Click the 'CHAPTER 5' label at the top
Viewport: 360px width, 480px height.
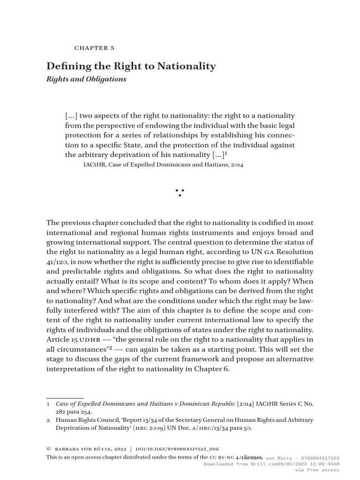(x=94, y=48)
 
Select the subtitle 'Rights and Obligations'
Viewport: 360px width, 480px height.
(x=86, y=79)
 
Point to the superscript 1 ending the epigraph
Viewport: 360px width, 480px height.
(x=226, y=153)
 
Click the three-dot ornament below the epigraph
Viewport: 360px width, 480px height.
(x=180, y=192)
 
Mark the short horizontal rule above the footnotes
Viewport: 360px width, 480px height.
(x=65, y=398)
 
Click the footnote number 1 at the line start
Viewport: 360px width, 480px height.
(x=48, y=404)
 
